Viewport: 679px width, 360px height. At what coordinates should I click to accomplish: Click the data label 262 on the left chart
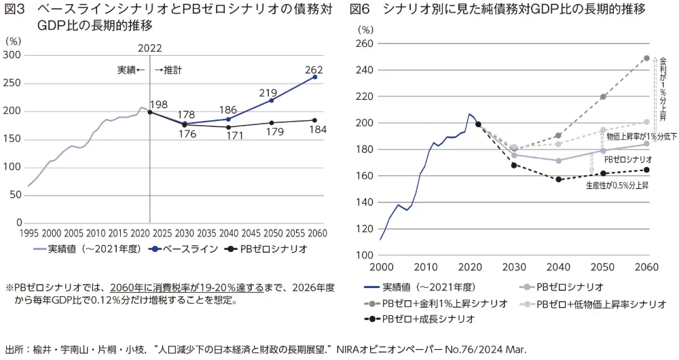click(x=314, y=69)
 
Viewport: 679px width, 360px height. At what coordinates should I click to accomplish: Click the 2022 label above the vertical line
click(x=149, y=48)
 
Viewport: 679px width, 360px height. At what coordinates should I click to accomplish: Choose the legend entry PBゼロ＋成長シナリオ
click(x=426, y=319)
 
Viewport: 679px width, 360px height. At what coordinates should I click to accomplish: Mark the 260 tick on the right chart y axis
click(x=365, y=43)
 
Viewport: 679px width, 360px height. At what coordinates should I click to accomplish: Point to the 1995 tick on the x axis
click(x=29, y=232)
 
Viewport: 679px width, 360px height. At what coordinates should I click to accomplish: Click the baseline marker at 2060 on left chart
click(x=314, y=77)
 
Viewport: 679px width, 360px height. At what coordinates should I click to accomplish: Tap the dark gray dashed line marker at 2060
click(x=646, y=58)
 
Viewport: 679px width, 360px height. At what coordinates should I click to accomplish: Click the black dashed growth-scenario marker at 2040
click(x=559, y=179)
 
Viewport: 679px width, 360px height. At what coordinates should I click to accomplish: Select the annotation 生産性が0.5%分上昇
click(x=617, y=185)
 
